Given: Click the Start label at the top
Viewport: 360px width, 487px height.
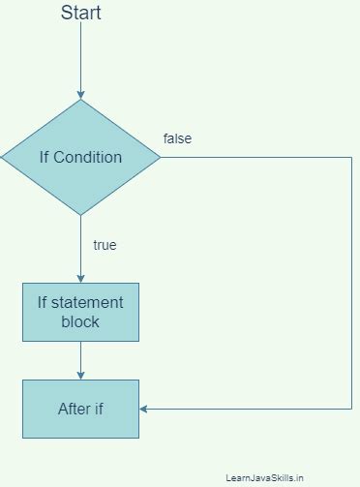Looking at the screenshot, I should point(80,13).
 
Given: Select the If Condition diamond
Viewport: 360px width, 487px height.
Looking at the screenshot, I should point(80,157).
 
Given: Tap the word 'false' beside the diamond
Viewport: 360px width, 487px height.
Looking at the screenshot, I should point(177,138).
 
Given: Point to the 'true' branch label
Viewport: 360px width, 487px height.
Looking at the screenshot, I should point(105,245).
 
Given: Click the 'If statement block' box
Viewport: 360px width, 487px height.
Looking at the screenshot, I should point(80,312).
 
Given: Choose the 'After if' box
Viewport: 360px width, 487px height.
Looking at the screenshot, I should point(80,409).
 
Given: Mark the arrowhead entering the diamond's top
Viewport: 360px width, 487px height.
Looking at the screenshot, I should point(80,94).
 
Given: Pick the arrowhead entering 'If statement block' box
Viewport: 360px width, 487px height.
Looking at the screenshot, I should point(80,278).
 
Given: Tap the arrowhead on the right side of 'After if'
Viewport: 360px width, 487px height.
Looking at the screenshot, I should point(144,409).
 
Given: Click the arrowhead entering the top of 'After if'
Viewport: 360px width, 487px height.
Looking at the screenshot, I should point(80,375).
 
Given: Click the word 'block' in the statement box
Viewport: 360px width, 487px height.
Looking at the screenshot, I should point(80,321).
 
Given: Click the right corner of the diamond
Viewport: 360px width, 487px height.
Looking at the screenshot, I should point(160,157).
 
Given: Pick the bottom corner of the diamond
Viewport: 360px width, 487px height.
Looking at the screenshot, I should point(80,215).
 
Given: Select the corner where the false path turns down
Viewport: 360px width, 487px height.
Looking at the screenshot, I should point(350,157).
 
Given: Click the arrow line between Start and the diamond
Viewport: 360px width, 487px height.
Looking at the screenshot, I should point(80,58).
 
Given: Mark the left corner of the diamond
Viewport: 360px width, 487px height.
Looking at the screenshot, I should point(2,157).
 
